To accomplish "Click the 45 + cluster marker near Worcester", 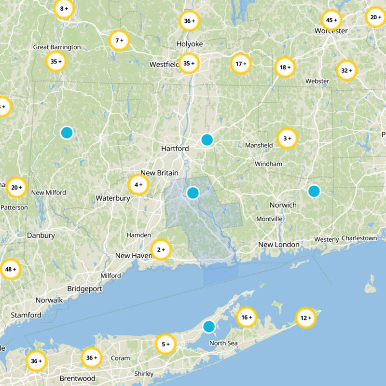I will pyautogui.click(x=331, y=20).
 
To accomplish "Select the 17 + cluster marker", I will pyautogui.click(x=241, y=64).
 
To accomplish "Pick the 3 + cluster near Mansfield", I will pyautogui.click(x=287, y=138).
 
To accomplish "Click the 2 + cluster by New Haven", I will pyautogui.click(x=161, y=249).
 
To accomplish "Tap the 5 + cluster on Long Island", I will pyautogui.click(x=166, y=345).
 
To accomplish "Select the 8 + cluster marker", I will pyautogui.click(x=64, y=9).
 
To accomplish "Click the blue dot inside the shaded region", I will pyautogui.click(x=193, y=193).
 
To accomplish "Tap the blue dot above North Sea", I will pyautogui.click(x=209, y=327).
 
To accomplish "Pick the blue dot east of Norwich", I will pyautogui.click(x=314, y=191).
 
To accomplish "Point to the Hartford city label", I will pyautogui.click(x=175, y=149).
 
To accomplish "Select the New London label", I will pyautogui.click(x=279, y=245).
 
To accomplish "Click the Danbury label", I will pyautogui.click(x=41, y=235).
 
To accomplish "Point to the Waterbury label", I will pyautogui.click(x=113, y=198).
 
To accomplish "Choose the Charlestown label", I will pyautogui.click(x=359, y=238).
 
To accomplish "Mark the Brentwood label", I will pyautogui.click(x=77, y=378).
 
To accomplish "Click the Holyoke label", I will pyautogui.click(x=189, y=44).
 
